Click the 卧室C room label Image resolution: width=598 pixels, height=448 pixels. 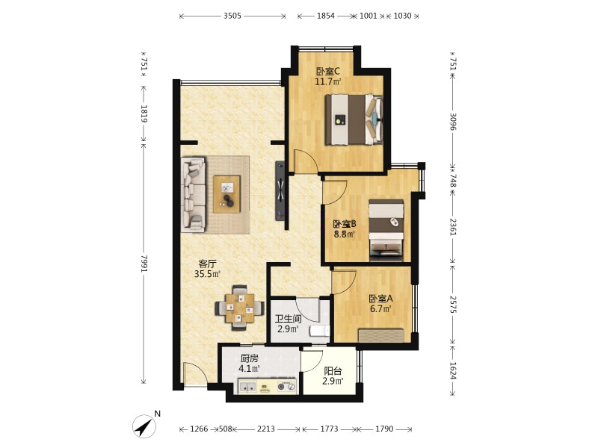[x=327, y=71]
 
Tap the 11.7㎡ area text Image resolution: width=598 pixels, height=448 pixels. [x=327, y=81]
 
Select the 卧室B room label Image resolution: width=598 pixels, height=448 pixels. [x=345, y=224]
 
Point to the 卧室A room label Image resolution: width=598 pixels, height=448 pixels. [x=380, y=299]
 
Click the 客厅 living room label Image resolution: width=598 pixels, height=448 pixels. [x=208, y=264]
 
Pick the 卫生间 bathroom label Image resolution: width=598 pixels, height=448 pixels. [x=289, y=319]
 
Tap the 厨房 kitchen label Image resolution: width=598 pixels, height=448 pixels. [x=250, y=358]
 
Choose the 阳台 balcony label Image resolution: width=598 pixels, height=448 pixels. [x=333, y=370]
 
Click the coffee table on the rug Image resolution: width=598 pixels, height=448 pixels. [x=227, y=194]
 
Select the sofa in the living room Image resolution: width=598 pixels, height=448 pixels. [x=193, y=195]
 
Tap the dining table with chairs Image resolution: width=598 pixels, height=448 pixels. [x=239, y=308]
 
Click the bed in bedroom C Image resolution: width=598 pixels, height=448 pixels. [x=354, y=119]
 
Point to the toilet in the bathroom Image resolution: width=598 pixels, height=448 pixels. [x=320, y=331]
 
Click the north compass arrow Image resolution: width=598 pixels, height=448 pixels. [x=144, y=426]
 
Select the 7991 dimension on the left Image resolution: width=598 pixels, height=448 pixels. [x=144, y=264]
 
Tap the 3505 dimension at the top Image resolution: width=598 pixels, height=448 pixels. [x=232, y=16]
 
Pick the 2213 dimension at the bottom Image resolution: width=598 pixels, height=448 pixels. [x=266, y=429]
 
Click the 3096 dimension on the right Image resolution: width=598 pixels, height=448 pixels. [x=453, y=121]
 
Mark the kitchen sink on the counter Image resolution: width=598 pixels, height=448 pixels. [x=248, y=387]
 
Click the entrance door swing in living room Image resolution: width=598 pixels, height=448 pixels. [x=194, y=373]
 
